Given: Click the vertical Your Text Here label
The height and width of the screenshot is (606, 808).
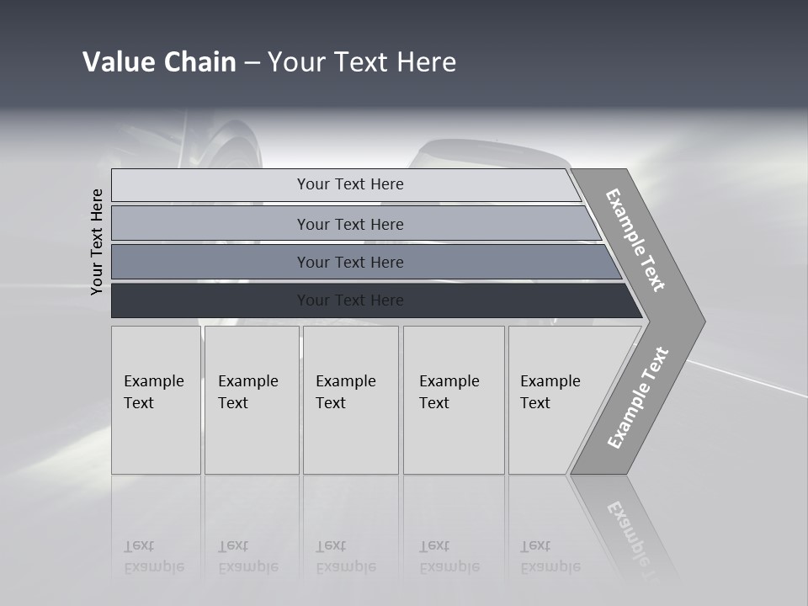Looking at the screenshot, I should coord(97,242).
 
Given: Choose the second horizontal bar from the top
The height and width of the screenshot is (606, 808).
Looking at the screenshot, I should coord(349,224).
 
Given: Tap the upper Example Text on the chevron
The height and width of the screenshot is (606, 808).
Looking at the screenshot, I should coord(635,240).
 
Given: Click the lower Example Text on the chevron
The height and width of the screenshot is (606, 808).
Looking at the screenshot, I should coord(637,398).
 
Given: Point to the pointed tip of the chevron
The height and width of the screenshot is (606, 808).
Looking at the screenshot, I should coord(701,321).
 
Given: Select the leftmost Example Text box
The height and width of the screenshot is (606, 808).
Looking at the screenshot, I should coord(156,400).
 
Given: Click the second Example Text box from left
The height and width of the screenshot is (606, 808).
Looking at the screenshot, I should coord(252,400).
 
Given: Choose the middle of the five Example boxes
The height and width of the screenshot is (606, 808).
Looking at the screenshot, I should coord(350,400).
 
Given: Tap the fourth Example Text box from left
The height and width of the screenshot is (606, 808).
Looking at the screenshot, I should coord(454,400).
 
